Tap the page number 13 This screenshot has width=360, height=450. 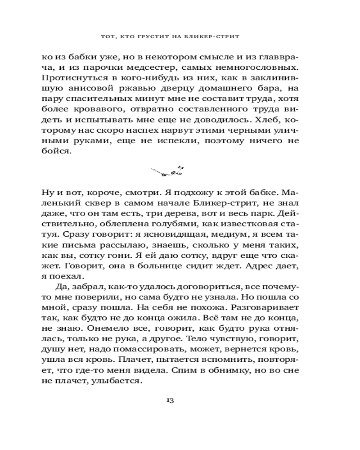point(170,400)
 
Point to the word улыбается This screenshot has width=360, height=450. point(118,380)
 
